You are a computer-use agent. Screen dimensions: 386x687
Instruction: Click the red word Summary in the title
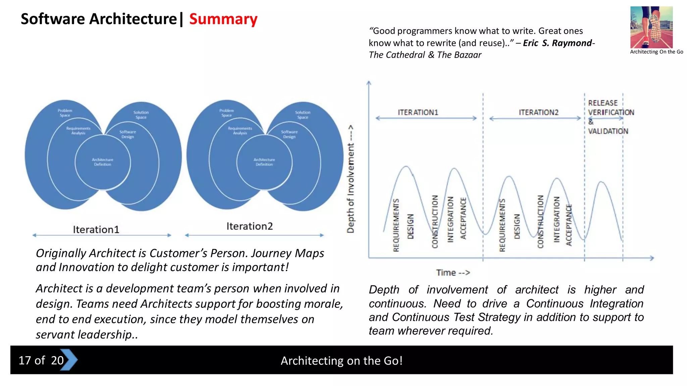(223, 19)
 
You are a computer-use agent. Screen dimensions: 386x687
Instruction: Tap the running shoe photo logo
(651, 27)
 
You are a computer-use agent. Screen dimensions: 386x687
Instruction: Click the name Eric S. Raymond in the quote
(558, 43)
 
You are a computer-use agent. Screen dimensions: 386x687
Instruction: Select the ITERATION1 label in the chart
(418, 112)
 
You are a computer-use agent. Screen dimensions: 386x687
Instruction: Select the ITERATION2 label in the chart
(538, 112)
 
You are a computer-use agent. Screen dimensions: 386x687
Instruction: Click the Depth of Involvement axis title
(351, 179)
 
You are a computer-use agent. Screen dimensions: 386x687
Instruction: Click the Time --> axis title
(453, 273)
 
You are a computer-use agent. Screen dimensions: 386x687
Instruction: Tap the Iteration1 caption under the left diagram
(96, 230)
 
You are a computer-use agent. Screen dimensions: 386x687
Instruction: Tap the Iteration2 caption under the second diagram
(250, 226)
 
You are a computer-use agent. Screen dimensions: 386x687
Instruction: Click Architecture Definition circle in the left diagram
(103, 162)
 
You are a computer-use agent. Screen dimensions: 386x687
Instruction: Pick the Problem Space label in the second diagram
(227, 113)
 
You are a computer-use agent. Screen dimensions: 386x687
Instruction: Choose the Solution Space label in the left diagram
(141, 115)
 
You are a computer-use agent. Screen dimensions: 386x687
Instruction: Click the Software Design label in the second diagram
(289, 134)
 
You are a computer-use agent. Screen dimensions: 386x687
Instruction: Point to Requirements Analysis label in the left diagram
(78, 131)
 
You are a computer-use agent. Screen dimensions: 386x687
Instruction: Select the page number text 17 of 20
(41, 360)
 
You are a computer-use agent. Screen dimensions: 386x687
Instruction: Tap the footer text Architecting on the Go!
(341, 361)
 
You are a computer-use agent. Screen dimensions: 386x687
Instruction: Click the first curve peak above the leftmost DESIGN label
(406, 167)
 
